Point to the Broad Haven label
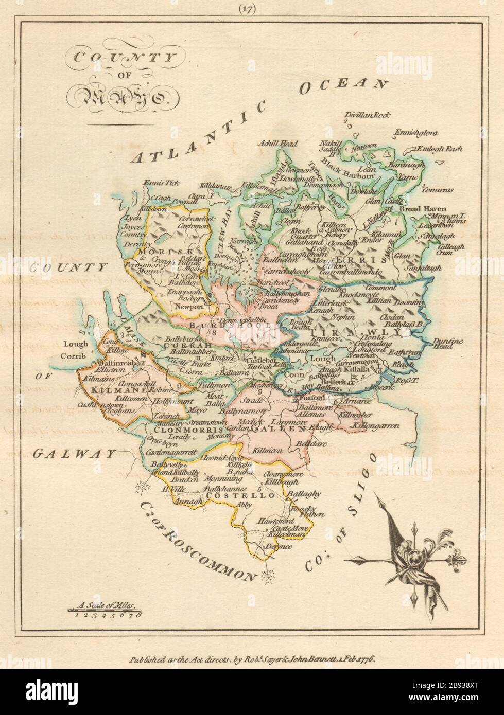(421, 209)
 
